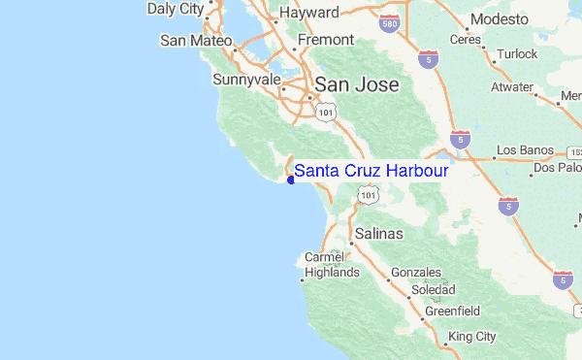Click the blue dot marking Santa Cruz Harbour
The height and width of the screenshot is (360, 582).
[291, 179]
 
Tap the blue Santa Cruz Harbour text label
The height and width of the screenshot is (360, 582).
[372, 171]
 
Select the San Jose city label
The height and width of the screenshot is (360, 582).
[354, 84]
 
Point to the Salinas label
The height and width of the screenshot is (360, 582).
[379, 234]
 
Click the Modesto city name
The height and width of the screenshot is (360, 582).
[500, 19]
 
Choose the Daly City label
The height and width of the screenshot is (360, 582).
[176, 10]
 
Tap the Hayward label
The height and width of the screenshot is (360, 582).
[308, 14]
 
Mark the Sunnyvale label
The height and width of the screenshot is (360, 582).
[246, 79]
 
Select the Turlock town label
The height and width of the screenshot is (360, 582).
[516, 54]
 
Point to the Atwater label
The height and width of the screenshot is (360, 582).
[511, 86]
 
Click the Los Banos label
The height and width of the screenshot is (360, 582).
[525, 150]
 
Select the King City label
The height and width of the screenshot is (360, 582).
[472, 336]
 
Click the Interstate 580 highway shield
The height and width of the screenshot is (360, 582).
[389, 21]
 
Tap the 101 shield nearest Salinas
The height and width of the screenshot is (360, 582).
[367, 196]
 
